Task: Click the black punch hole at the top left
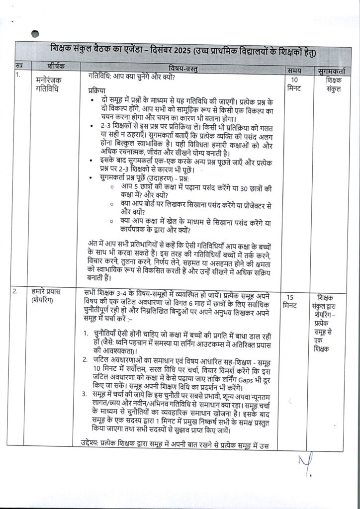click(35, 33)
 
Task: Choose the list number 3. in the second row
click(84, 394)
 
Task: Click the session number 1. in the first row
click(18, 76)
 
